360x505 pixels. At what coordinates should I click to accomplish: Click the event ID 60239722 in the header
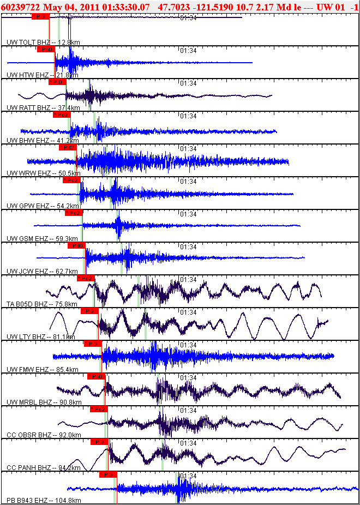pos(20,7)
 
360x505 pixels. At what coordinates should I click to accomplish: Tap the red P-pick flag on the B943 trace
pos(108,474)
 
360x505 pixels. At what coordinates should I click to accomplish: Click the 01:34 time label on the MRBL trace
pos(188,377)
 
